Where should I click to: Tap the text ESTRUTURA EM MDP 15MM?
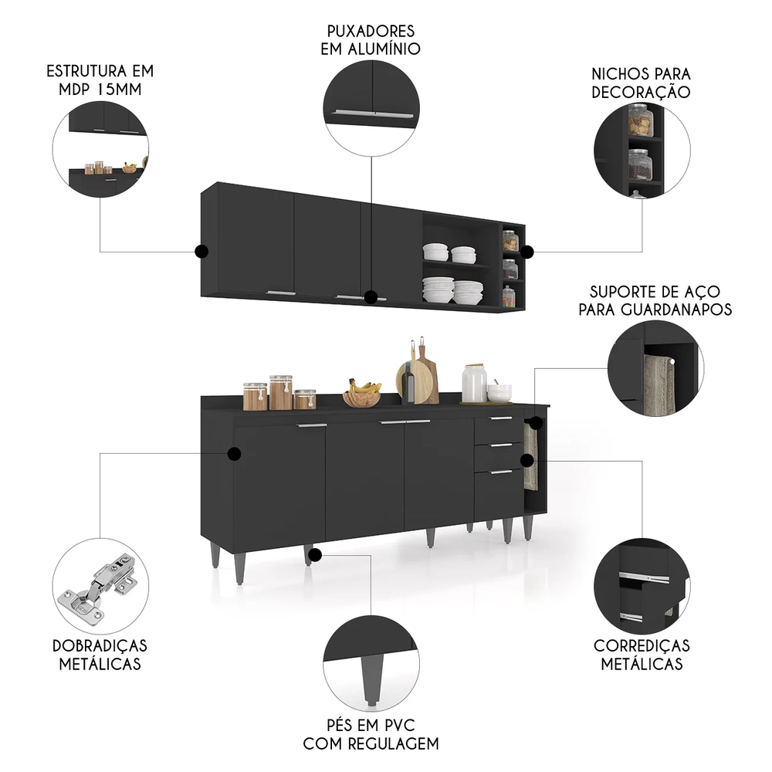coord(100,80)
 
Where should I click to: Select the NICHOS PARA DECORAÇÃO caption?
coord(641,83)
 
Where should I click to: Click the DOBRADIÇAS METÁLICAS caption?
coord(100,654)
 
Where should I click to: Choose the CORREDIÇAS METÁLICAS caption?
coord(642,654)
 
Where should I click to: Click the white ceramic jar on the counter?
coord(474,383)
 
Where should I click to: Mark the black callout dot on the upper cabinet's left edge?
coord(201,251)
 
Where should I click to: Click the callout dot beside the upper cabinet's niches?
coord(527,252)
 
